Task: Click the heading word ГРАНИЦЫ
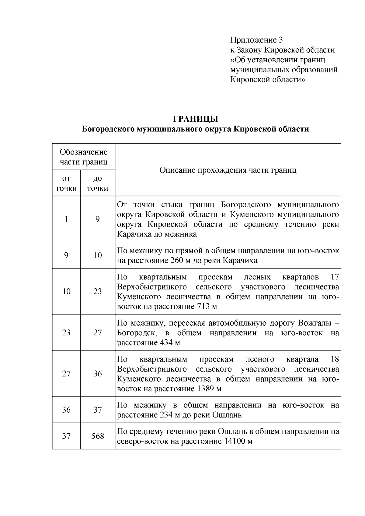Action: [x=196, y=119]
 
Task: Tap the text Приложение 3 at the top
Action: [x=257, y=40]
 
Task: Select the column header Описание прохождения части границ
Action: [x=228, y=170]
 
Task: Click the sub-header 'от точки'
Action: [x=66, y=183]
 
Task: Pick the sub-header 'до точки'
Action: [x=98, y=183]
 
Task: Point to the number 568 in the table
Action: [x=98, y=436]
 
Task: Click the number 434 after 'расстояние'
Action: [x=166, y=343]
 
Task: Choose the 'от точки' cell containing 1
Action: [x=66, y=219]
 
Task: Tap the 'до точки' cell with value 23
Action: [x=98, y=291]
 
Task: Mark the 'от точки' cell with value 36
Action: [x=66, y=410]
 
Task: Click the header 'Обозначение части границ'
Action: [x=84, y=157]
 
